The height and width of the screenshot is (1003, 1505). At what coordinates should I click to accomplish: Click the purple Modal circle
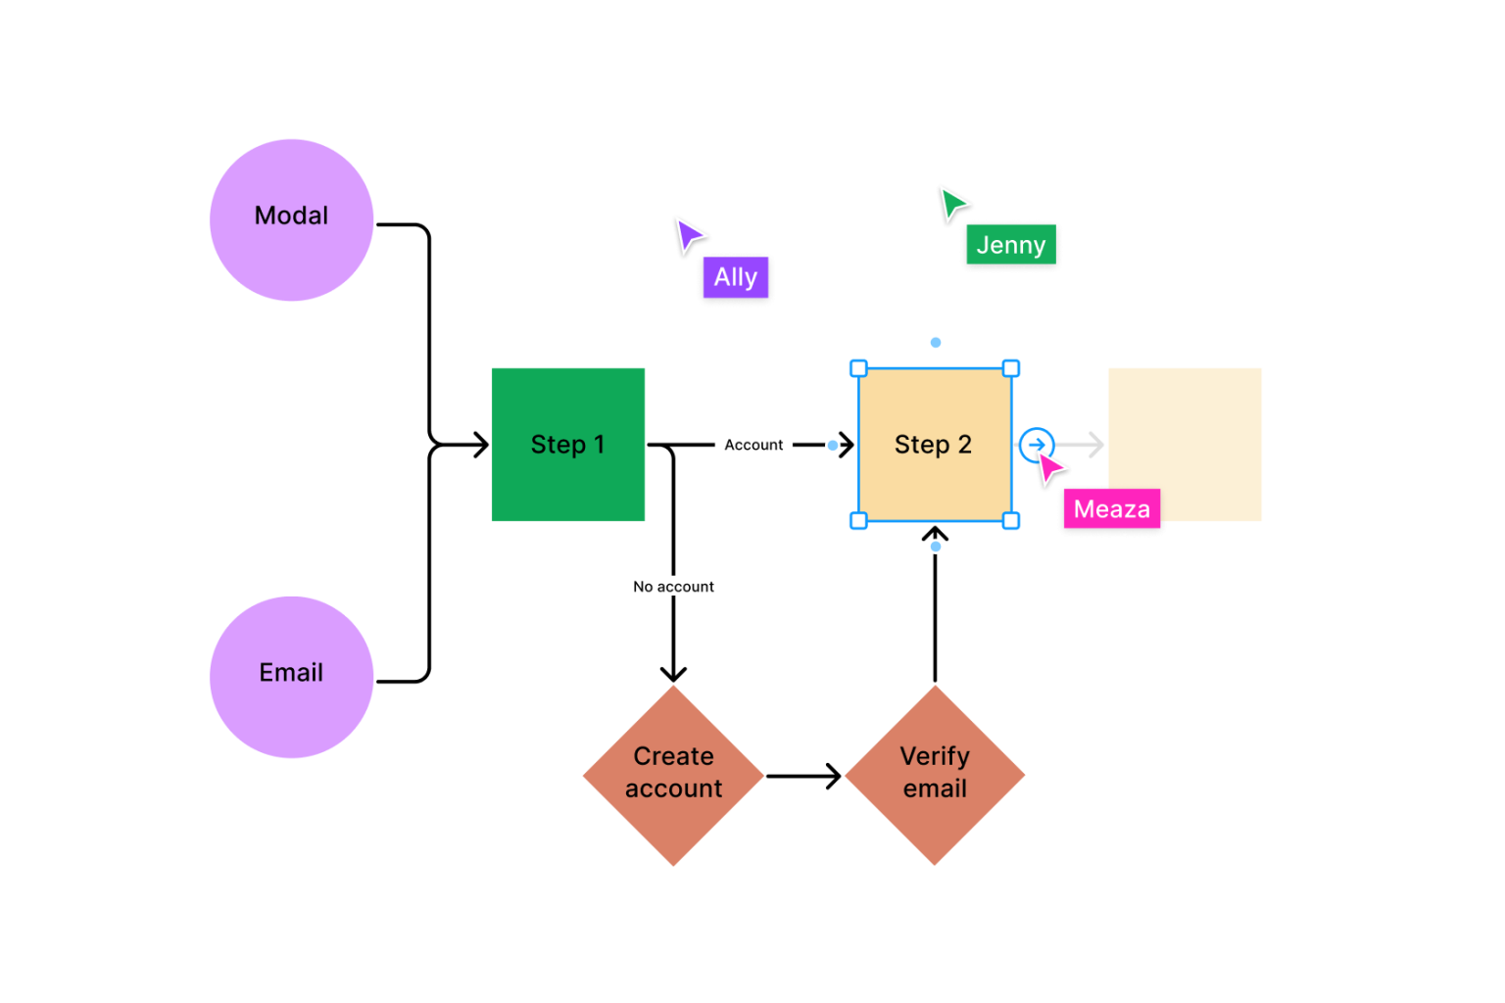coord(291,219)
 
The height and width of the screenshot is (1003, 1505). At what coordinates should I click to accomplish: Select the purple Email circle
coord(291,677)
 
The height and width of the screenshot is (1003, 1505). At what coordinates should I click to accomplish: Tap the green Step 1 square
coord(568,445)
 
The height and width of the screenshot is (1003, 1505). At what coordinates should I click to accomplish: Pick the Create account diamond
coord(673,775)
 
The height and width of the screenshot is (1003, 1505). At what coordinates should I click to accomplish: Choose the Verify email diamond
coord(935,775)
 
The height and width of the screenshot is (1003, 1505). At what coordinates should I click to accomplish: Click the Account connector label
coord(753,445)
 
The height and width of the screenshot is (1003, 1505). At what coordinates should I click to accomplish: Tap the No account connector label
coord(674,586)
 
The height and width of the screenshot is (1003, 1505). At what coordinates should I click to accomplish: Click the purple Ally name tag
coord(736,278)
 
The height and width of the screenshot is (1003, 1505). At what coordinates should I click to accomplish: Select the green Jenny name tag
coord(1011,245)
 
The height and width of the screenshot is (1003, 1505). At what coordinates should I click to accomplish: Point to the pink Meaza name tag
coord(1112,509)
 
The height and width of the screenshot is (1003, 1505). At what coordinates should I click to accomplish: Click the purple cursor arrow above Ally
coord(689,235)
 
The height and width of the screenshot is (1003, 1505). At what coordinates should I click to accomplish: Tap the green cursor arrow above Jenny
coord(953,204)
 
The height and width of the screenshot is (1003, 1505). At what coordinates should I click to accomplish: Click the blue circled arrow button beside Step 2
coord(1036,445)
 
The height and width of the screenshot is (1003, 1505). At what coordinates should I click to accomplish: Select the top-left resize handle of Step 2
coord(858,368)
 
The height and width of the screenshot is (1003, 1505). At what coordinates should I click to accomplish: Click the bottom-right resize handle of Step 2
coord(1011,521)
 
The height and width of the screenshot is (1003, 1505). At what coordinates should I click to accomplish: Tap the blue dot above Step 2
coord(936,342)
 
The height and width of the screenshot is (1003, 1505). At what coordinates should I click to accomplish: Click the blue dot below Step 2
coord(936,547)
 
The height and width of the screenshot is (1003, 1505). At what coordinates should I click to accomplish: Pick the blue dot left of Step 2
coord(833,446)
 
